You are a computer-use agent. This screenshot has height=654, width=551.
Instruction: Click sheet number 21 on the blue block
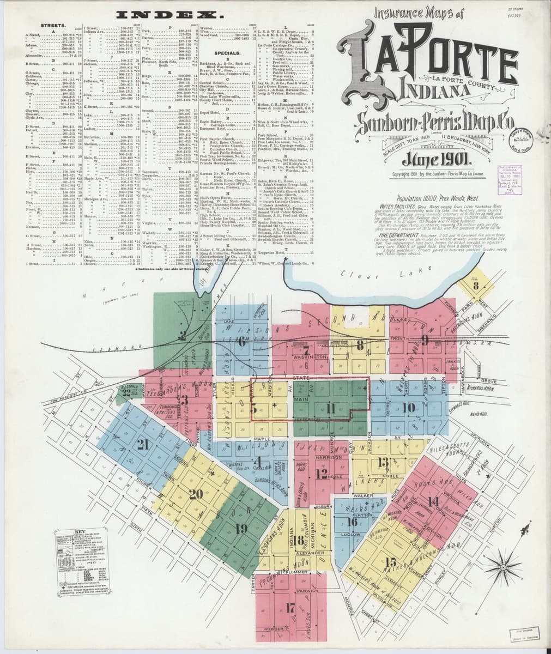143,444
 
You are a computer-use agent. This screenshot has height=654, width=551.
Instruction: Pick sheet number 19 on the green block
241,528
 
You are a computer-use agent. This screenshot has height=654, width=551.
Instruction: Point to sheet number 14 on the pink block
434,501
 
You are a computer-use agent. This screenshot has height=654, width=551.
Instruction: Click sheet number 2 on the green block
184,335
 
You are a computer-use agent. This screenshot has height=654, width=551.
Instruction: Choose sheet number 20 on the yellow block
196,494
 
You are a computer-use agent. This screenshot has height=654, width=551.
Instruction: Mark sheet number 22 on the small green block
126,392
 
